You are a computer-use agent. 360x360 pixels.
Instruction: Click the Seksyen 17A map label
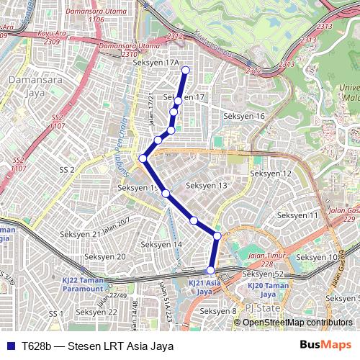coord(156,63)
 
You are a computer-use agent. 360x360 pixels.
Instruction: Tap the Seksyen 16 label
coord(244,116)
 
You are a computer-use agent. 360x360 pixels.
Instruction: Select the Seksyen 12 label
coord(271,174)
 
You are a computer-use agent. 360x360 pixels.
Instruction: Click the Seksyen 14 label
coord(161,245)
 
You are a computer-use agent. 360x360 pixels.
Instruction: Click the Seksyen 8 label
coord(218,311)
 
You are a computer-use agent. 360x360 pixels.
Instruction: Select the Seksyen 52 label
coord(264,274)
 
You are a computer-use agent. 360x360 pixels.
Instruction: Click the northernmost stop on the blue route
coord(185,70)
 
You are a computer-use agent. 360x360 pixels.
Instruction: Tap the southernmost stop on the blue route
coord(211,270)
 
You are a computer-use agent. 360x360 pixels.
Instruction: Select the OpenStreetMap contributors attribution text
coord(297,323)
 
